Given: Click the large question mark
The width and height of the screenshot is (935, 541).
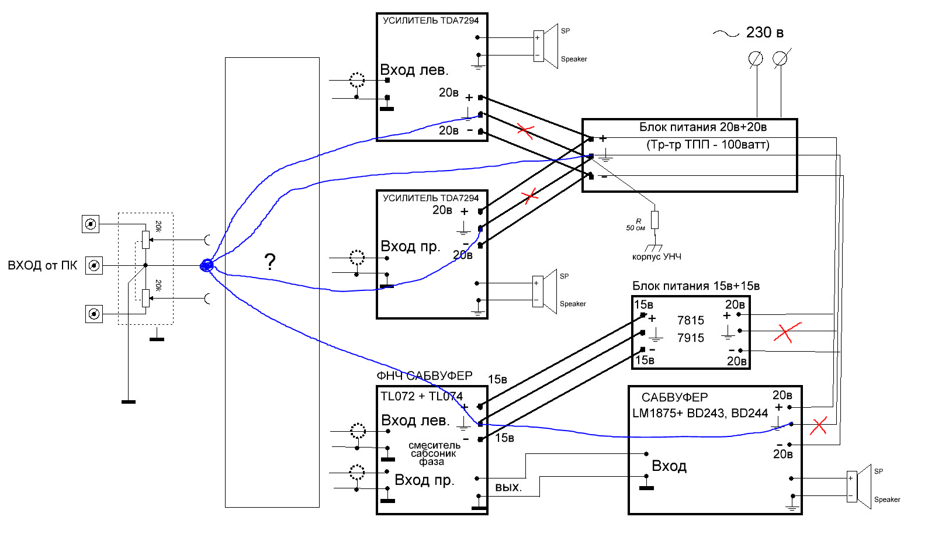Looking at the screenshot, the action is point(270,262).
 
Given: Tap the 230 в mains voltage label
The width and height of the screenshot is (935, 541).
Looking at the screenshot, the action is point(764,33).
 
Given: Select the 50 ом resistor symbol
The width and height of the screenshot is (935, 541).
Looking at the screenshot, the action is point(654,220).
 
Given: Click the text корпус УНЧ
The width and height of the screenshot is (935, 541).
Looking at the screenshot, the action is point(657,256).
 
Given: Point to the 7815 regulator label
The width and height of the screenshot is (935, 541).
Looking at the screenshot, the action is point(690,320).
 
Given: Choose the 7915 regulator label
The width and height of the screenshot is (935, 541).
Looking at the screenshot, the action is point(690,338).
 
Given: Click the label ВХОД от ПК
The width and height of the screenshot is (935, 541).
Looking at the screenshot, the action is point(43,265).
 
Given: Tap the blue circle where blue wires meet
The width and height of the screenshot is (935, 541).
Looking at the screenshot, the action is point(207,265).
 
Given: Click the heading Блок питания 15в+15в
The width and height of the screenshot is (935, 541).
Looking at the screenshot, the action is point(696,286).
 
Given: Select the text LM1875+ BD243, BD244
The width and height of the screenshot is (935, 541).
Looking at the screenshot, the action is point(700,413).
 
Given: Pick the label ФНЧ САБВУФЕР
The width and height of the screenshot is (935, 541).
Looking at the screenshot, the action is point(424,376).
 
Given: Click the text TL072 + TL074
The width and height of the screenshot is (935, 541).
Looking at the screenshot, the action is point(421,396).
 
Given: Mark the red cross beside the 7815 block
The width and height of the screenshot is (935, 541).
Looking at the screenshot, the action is point(787,332).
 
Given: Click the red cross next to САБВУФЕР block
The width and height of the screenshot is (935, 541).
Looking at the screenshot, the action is point(818,426).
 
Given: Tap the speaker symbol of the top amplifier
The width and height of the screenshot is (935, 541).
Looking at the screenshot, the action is point(546,46).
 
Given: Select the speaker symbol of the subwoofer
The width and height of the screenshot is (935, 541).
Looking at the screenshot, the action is point(858,487).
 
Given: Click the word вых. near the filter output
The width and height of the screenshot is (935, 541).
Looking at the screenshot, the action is point(508,487).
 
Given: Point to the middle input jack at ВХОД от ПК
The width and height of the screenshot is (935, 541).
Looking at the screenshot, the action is point(94,265).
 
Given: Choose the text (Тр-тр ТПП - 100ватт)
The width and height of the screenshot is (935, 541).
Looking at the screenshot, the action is point(708,145).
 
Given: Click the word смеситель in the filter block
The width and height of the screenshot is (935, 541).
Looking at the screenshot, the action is point(435,445).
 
